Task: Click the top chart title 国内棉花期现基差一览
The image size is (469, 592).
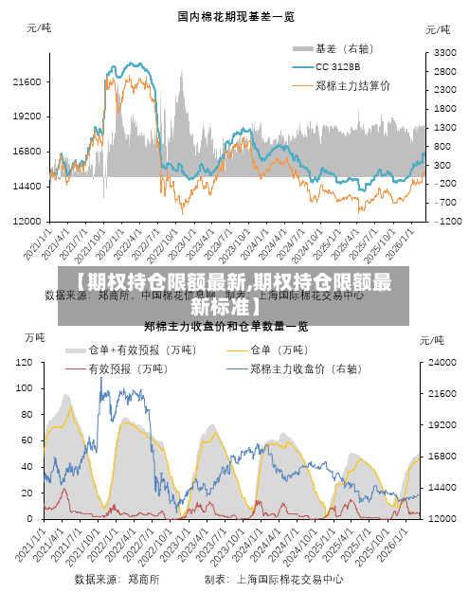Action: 235,16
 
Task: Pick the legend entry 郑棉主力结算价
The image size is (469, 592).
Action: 352,85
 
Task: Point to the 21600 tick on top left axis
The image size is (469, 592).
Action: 26,82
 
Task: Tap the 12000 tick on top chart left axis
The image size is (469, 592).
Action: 26,221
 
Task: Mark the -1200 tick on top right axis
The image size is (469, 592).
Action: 447,221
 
